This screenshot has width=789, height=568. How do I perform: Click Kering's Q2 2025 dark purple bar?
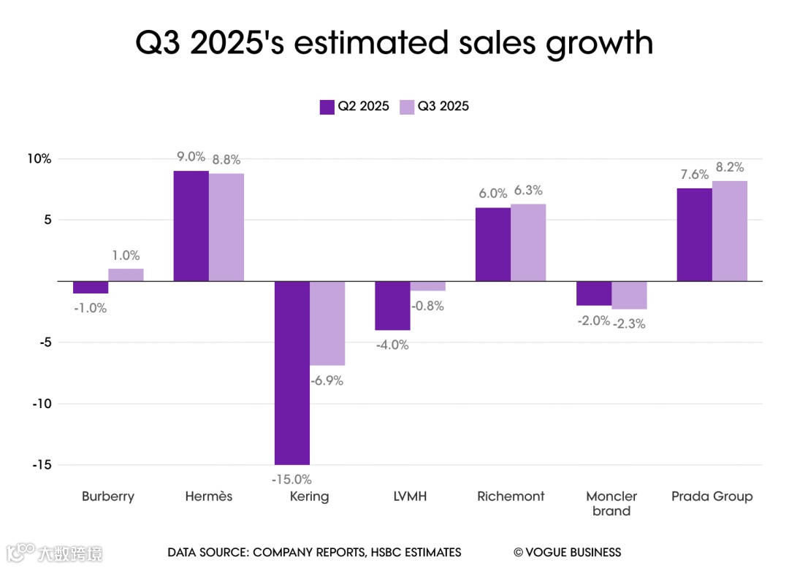point(291,372)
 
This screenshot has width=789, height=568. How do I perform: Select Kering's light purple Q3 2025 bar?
point(327,323)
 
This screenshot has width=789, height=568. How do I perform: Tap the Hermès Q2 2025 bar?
point(191,226)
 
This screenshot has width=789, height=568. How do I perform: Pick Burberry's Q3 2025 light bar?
point(126,275)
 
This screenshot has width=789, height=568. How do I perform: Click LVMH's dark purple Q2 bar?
point(392,305)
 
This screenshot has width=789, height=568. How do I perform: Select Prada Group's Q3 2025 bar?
point(730,231)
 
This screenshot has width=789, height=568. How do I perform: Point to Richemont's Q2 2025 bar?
point(493,244)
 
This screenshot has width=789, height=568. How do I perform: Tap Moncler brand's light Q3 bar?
point(629,295)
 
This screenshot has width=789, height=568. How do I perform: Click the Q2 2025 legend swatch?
point(327,107)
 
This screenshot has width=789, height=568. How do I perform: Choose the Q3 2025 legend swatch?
point(407,107)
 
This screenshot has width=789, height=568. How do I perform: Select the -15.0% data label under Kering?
point(291,480)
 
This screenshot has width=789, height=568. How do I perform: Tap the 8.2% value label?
point(730,167)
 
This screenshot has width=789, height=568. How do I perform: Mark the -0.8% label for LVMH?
point(427,306)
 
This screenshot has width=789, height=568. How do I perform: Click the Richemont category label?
point(511,496)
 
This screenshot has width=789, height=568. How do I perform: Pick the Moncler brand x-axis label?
point(611,503)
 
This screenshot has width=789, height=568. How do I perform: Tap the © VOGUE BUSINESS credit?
point(567,553)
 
